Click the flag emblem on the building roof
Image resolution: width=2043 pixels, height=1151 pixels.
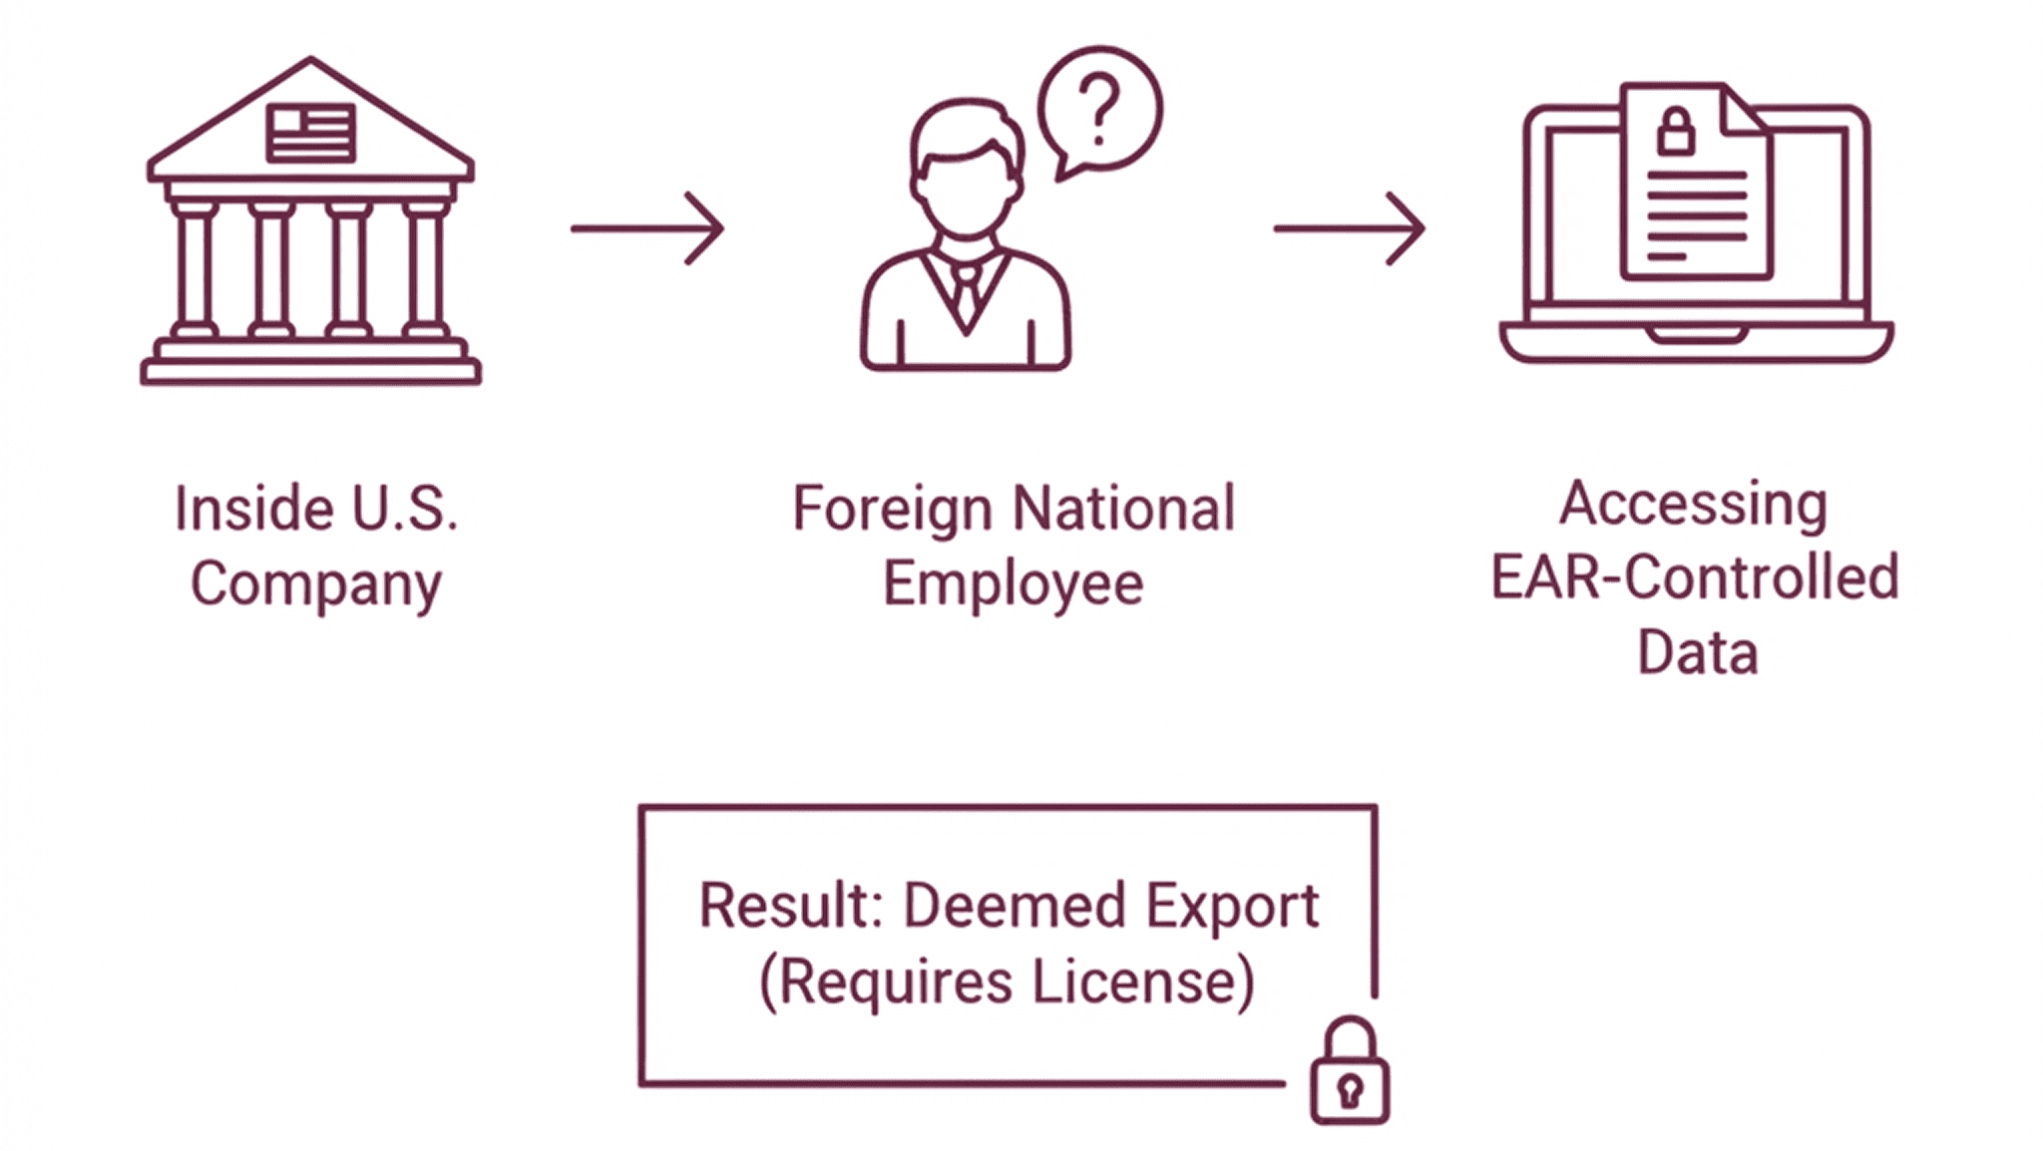coord(310,133)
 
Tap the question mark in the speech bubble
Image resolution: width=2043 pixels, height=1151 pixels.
coord(1099,109)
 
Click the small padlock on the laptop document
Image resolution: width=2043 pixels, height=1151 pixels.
coord(1676,132)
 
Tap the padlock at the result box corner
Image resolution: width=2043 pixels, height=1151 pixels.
coord(1350,1071)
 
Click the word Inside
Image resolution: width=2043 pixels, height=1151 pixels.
coord(253,509)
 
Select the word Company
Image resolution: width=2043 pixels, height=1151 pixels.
coord(316,583)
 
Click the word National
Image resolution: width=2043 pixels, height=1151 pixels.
coord(1123,509)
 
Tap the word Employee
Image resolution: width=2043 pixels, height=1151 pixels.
coord(1013,583)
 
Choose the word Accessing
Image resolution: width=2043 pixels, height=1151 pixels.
coord(1693,504)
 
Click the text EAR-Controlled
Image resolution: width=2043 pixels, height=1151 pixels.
coord(1694,577)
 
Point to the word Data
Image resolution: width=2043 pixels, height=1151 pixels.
coord(1697,652)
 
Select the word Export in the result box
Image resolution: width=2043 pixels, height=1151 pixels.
coord(1231,908)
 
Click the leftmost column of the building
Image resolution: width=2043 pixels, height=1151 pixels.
coord(195,269)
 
